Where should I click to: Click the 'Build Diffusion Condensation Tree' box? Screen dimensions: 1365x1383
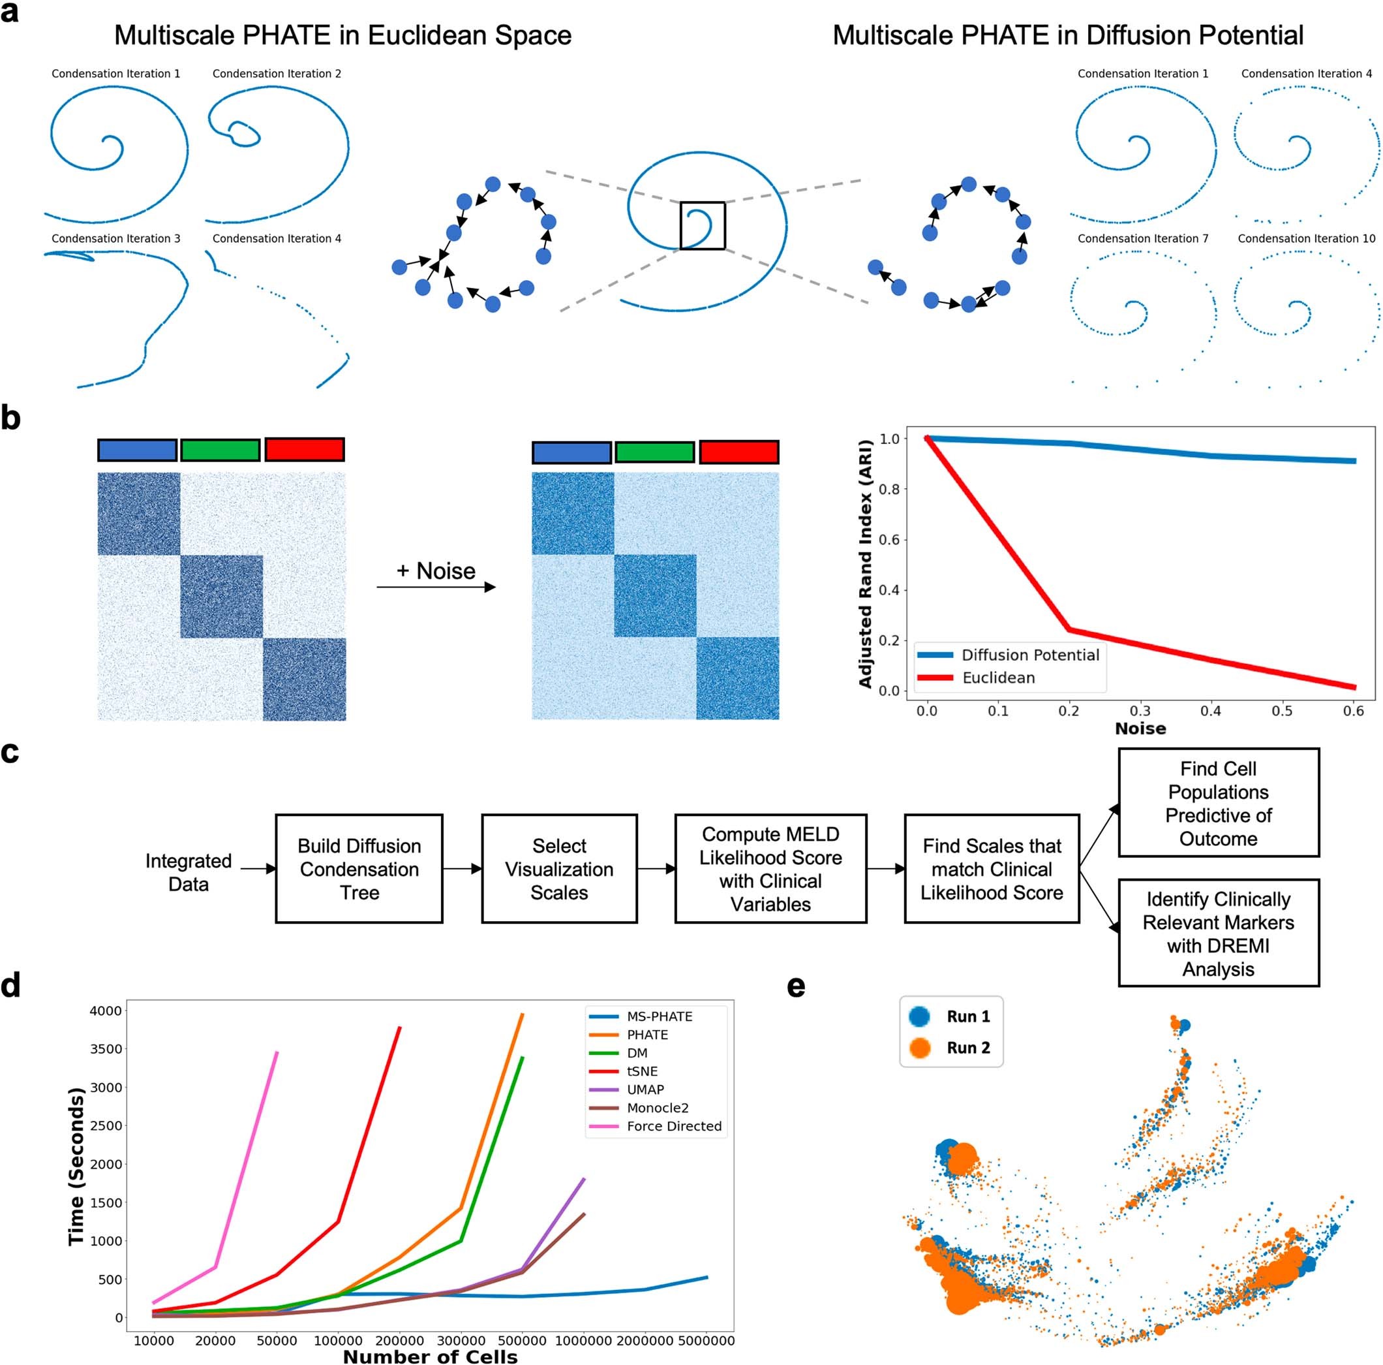[x=359, y=868]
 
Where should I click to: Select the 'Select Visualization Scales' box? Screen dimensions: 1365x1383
[x=559, y=868]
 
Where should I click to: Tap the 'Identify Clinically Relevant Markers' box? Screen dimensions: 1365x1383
[x=1218, y=932]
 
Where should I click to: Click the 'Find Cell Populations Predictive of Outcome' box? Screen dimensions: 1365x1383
[x=1218, y=802]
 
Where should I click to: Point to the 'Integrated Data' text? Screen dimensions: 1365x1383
[x=189, y=871]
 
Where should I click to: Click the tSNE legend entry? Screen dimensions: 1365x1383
[x=641, y=1071]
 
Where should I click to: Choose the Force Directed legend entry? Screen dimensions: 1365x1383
[x=674, y=1126]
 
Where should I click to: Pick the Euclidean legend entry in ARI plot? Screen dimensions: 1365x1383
[x=998, y=678]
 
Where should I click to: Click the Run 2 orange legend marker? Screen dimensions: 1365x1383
[x=919, y=1048]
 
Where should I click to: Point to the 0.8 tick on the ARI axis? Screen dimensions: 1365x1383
[x=889, y=489]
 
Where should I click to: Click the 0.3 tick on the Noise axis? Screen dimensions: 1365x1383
[x=1140, y=711]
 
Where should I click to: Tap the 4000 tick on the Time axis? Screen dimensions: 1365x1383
[x=105, y=1011]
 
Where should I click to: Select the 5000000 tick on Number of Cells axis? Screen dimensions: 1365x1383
[x=706, y=1341]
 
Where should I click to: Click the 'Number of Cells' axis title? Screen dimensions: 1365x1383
[x=429, y=1357]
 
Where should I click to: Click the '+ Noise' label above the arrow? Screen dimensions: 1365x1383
[x=435, y=571]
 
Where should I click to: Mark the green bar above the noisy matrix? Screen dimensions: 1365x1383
[x=654, y=452]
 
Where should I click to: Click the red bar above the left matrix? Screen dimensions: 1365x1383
[x=304, y=449]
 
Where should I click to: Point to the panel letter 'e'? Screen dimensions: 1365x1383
[x=795, y=988]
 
